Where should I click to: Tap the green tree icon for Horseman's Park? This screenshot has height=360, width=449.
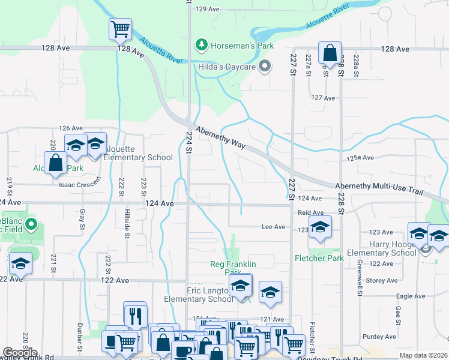click(x=202, y=45)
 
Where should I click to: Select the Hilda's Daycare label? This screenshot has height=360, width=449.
click(x=227, y=67)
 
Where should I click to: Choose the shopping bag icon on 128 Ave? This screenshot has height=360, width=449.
click(x=330, y=53)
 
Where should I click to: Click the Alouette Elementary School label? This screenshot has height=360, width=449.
click(x=138, y=153)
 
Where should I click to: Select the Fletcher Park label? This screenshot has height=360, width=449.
click(x=319, y=258)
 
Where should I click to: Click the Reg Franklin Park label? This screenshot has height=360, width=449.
click(x=233, y=268)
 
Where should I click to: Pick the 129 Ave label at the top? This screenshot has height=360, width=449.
click(x=208, y=9)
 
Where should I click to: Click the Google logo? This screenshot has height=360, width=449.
click(x=20, y=353)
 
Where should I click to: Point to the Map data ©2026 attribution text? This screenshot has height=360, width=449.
click(x=421, y=355)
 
